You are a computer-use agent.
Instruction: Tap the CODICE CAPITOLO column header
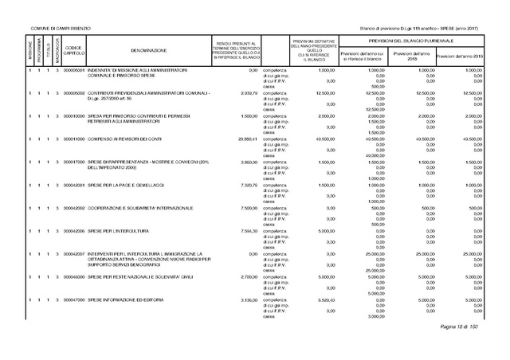tap(73, 50)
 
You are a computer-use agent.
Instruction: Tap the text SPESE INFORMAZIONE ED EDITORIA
tap(126, 299)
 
